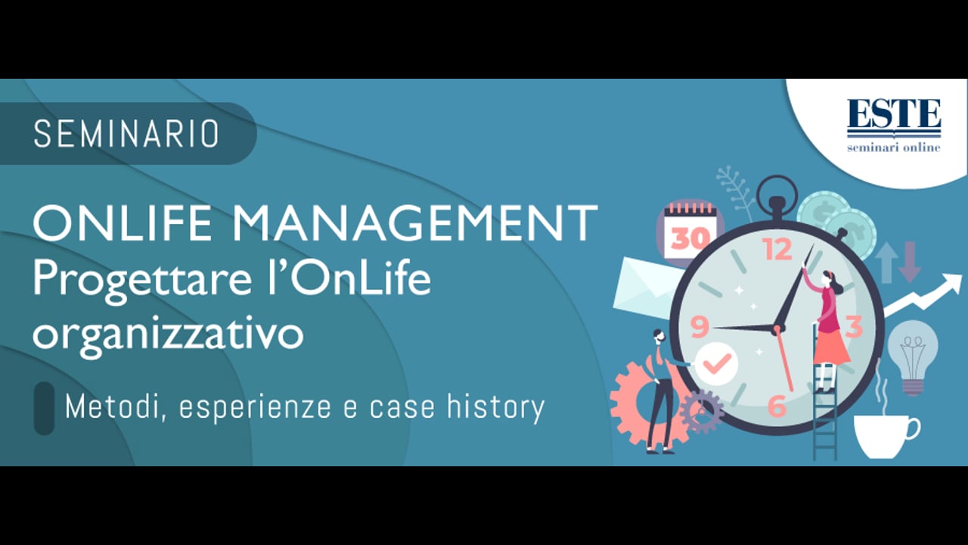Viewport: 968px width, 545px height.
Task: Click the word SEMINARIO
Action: click(126, 134)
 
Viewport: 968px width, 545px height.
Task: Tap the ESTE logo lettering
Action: click(894, 114)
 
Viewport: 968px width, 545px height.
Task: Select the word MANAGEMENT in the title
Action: click(415, 223)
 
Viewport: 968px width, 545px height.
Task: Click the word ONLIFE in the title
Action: click(123, 223)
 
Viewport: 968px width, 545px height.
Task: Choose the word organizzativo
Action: click(169, 335)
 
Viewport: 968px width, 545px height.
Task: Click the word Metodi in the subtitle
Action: click(116, 407)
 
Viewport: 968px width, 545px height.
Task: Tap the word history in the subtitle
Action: click(495, 408)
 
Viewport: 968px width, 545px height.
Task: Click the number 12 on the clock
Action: click(778, 249)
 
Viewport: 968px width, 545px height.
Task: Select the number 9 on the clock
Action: click(700, 326)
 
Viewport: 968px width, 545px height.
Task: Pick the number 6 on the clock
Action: click(777, 406)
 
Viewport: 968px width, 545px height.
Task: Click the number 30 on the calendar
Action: click(690, 238)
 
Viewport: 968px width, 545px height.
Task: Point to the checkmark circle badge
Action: click(716, 364)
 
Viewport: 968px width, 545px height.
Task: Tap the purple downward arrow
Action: click(910, 262)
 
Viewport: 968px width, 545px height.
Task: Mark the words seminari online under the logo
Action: click(894, 148)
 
